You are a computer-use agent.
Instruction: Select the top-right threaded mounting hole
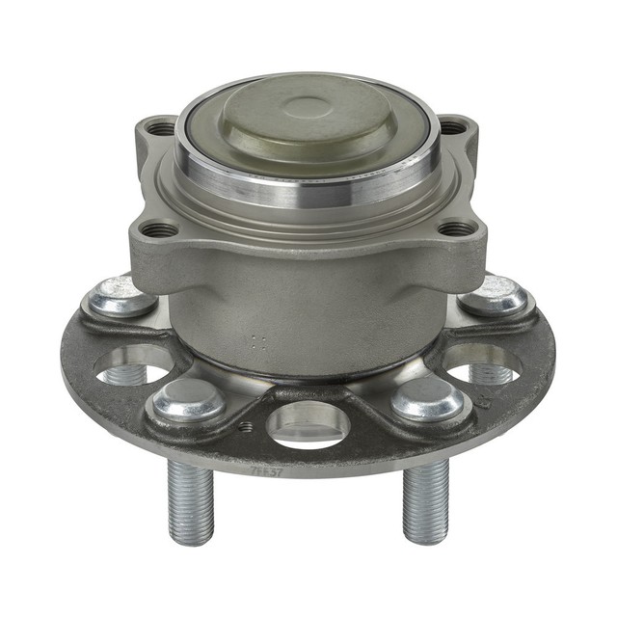pyautogui.click(x=452, y=126)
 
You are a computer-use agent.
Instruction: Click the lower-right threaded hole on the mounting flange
pyautogui.click(x=457, y=228)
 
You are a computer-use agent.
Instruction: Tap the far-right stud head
pyautogui.click(x=495, y=294)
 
